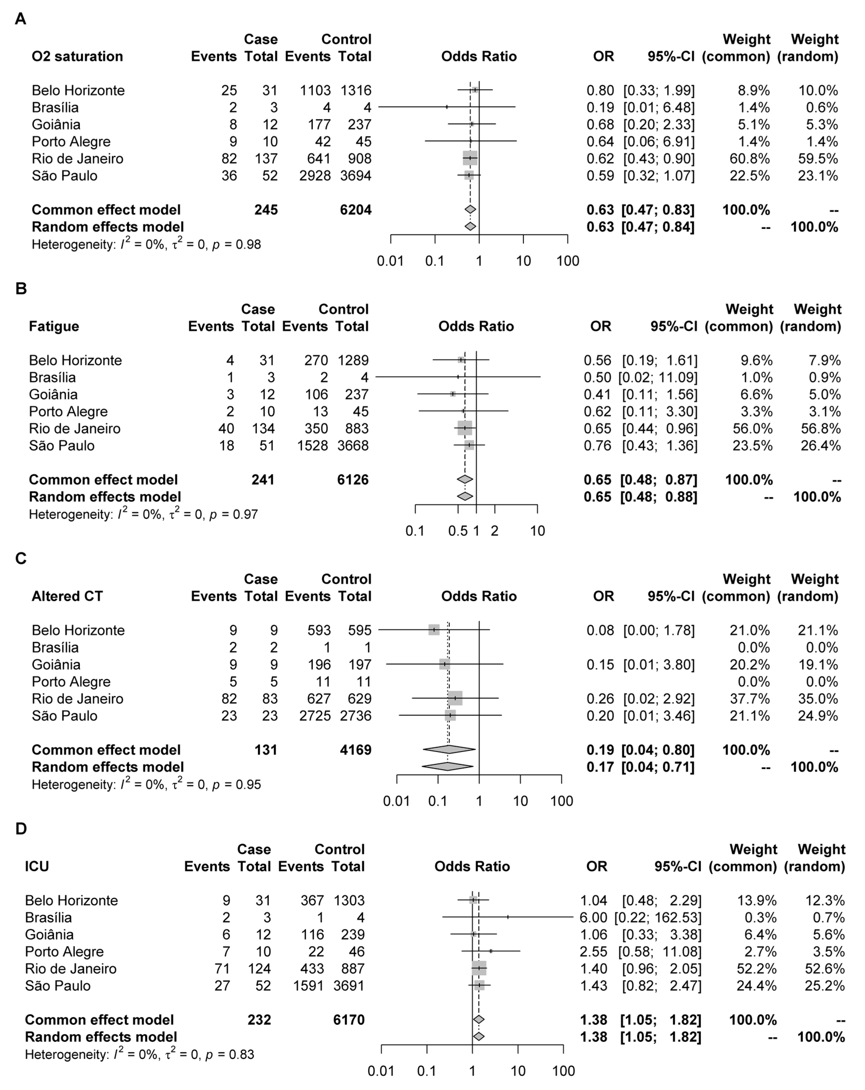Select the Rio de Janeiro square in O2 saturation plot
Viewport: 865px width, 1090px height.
470,158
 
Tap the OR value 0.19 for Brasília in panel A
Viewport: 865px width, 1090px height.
600,107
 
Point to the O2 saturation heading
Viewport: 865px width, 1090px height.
77,56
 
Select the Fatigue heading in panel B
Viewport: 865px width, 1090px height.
54,326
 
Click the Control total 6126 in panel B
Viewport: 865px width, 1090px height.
353,479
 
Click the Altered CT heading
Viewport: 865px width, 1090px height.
67,596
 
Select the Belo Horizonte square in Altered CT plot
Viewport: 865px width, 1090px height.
434,630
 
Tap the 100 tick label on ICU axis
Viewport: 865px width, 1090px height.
563,1071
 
